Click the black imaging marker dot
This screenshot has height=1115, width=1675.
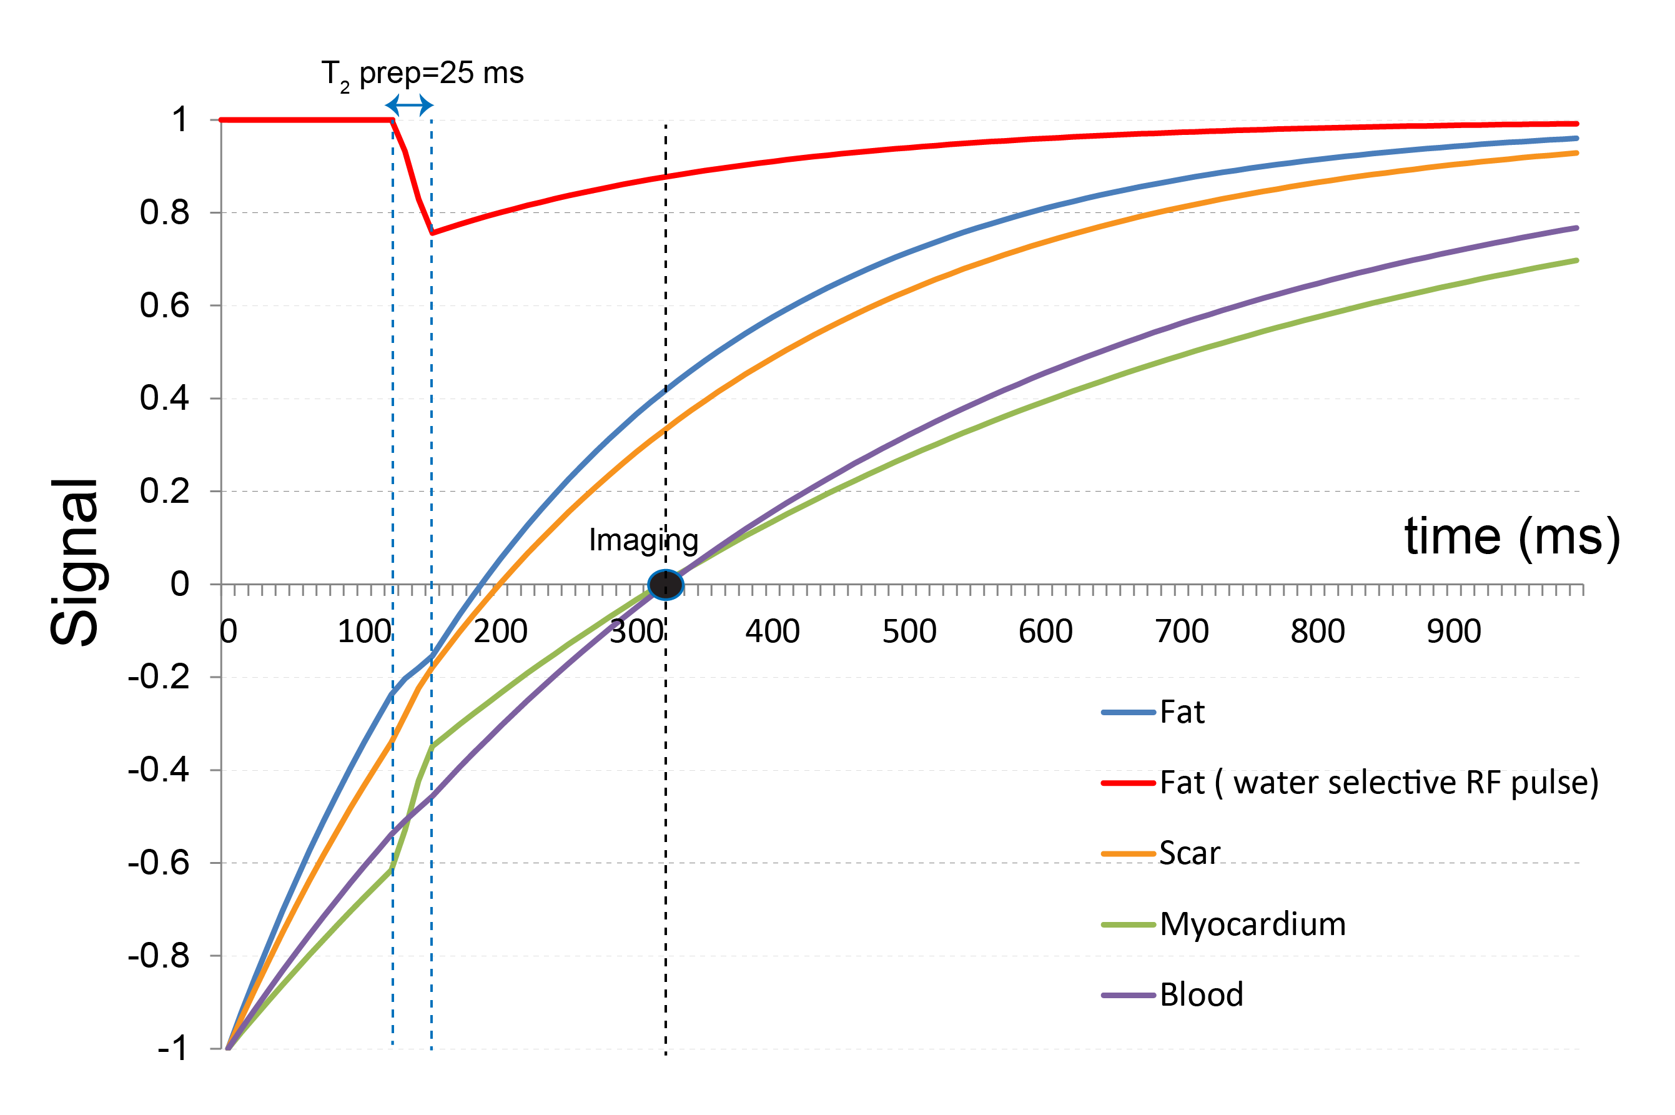666,585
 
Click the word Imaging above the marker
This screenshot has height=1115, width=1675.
643,540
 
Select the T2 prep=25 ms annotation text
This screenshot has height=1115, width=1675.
422,74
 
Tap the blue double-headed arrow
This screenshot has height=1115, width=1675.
410,105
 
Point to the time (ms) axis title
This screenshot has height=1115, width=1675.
1511,536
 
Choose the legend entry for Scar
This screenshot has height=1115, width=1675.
1188,853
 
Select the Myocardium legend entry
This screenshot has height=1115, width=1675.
1252,924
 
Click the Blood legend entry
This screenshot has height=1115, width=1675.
1201,994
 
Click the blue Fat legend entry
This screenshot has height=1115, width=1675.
1182,712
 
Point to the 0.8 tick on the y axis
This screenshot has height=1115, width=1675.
165,212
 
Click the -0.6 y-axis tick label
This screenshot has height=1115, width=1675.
159,863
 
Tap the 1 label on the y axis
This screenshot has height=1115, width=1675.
180,119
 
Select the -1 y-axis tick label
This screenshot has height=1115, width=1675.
173,1048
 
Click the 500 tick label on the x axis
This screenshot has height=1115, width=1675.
909,632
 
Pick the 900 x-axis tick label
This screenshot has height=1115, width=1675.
1453,632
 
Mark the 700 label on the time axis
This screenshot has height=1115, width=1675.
1181,632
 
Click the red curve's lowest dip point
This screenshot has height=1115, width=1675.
432,232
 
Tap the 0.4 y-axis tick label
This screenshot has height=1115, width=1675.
165,399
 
